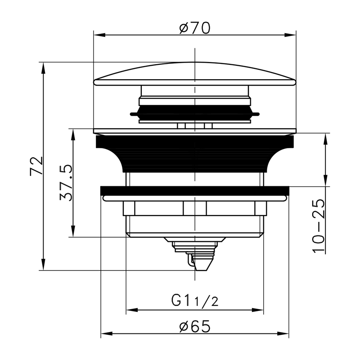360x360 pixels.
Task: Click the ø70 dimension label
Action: click(195, 28)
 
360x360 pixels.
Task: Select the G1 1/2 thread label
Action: click(195, 301)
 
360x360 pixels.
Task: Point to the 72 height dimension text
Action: click(36, 166)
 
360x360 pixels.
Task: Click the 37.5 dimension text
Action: click(66, 183)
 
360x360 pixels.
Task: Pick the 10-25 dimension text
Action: click(319, 226)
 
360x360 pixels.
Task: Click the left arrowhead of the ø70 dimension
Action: click(99, 35)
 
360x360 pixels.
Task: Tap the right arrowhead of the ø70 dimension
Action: click(290, 35)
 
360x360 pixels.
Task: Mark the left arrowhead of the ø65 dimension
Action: click(107, 333)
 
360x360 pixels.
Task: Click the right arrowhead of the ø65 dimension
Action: click(283, 333)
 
